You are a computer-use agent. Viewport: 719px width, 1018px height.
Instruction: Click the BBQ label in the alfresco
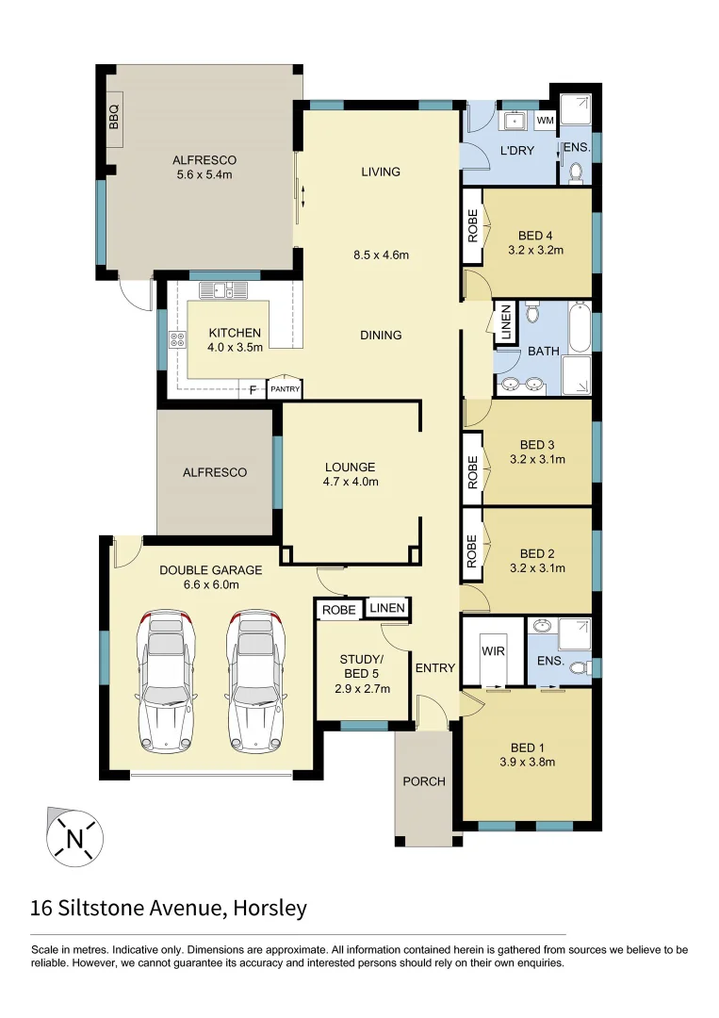coord(115,118)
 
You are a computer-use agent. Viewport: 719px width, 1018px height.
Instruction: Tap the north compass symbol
coord(74,836)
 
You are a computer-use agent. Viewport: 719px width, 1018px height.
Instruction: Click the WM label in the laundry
coord(545,121)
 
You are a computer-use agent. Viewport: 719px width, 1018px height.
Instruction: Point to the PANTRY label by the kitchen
coord(285,388)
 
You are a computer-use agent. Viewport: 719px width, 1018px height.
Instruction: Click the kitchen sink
coord(223,290)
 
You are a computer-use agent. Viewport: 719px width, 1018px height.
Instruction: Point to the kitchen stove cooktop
coord(176,339)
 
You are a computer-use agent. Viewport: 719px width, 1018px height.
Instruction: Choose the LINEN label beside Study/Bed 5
coord(387,609)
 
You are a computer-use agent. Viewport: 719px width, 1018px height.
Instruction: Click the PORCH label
coord(423,781)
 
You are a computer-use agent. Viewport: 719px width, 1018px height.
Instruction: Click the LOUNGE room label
coord(351,467)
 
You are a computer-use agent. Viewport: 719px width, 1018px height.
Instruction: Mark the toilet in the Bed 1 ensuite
coord(581,666)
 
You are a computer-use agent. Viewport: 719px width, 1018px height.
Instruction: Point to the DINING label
coord(381,335)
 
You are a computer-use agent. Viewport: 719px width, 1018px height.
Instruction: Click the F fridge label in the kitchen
coord(253,388)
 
